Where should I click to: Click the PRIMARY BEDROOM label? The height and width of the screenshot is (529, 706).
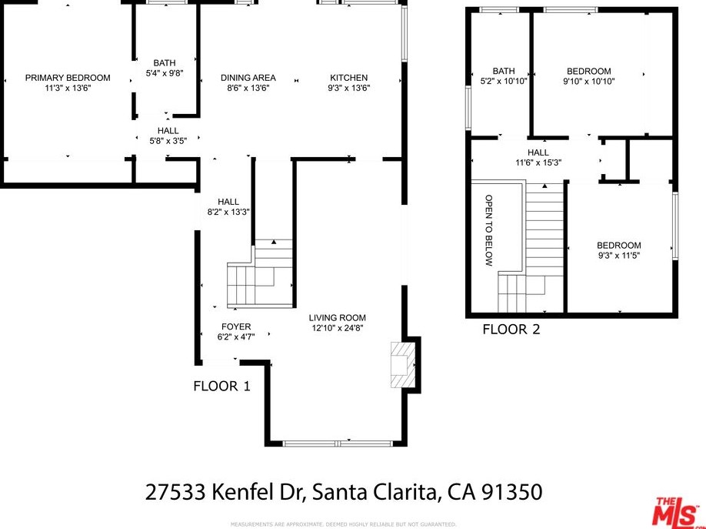click(68, 78)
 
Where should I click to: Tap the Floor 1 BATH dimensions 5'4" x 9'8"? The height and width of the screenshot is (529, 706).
click(165, 74)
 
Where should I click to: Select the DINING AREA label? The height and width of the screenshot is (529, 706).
click(248, 78)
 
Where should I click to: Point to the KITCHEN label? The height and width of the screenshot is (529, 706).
click(349, 78)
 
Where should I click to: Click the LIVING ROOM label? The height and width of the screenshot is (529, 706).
click(338, 317)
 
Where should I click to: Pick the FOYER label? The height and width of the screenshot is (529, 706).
click(236, 326)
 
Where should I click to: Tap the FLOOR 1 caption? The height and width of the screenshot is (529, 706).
click(221, 387)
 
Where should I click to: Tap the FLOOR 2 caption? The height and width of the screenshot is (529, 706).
click(511, 330)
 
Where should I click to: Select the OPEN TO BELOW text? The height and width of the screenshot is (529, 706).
click(488, 230)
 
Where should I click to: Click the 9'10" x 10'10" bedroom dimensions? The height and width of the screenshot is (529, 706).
click(589, 81)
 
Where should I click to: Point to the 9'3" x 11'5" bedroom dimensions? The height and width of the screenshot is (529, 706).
click(619, 256)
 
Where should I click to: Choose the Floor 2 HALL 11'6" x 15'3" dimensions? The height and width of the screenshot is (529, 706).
click(538, 163)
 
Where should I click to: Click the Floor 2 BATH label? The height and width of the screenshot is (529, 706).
click(504, 71)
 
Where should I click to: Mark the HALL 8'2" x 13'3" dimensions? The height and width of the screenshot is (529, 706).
click(228, 212)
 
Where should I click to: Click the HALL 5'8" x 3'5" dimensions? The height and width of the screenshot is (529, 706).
click(168, 141)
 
